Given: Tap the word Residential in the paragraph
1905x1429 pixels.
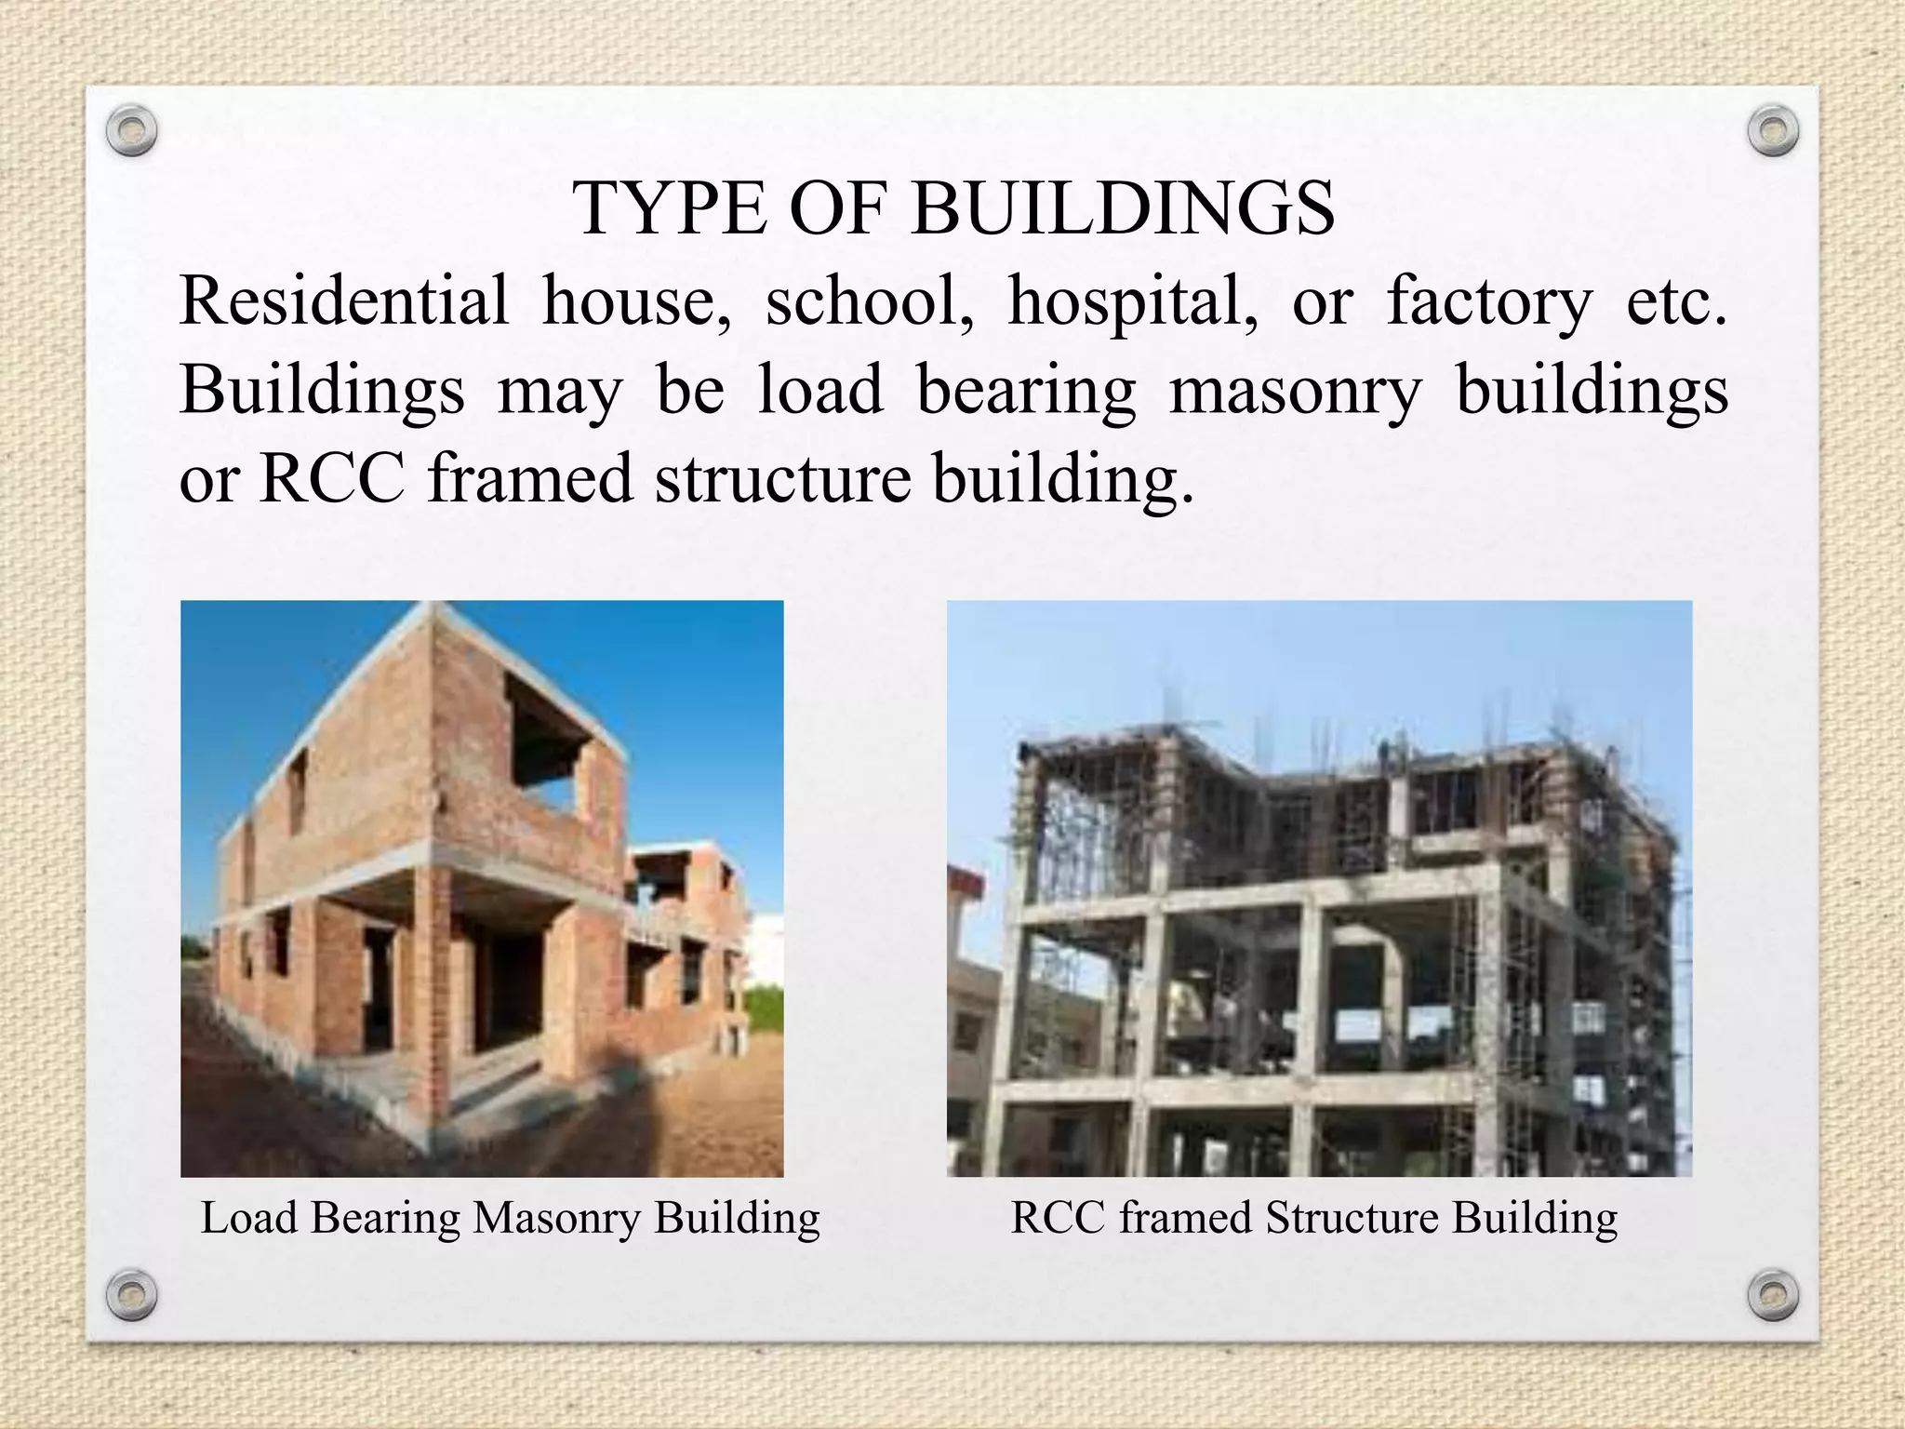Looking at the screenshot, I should (x=344, y=302).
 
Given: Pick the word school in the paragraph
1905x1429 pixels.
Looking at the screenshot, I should (x=870, y=302).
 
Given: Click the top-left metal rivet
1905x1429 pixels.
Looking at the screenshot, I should (x=131, y=131).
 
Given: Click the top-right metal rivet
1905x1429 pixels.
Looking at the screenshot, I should (x=1773, y=131).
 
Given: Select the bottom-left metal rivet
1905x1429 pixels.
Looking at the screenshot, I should (x=131, y=1294).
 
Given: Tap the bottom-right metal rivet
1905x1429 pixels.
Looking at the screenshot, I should (x=1773, y=1294).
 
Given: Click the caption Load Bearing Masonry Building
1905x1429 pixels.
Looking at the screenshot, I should (x=510, y=1218).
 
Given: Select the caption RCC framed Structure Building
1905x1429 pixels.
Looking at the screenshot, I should (x=1313, y=1218).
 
